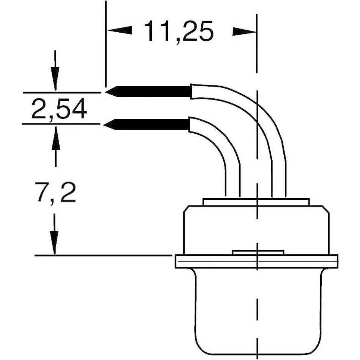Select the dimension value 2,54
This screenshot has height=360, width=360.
tap(59, 109)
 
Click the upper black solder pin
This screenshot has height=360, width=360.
tap(152, 92)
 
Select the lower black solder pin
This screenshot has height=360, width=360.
tap(152, 124)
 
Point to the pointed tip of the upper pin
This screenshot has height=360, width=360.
tap(107, 92)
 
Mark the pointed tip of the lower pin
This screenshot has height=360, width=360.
tap(106, 124)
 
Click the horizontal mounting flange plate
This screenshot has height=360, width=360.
tap(256, 261)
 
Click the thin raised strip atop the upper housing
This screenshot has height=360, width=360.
tap(256, 202)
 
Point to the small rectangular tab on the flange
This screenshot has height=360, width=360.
tap(258, 252)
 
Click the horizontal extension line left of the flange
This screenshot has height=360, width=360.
tap(103, 256)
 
